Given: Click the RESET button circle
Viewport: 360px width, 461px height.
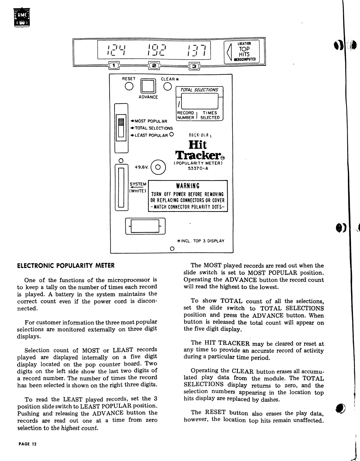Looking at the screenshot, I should click(x=129, y=86).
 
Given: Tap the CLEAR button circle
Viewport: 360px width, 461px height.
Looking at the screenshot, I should click(x=168, y=86).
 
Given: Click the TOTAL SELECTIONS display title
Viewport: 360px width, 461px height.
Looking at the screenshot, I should click(x=199, y=90).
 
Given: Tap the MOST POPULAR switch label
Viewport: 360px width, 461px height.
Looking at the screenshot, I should click(x=149, y=121).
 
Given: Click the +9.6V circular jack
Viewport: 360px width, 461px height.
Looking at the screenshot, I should click(x=158, y=167).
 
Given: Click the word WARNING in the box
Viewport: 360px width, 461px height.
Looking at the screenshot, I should click(x=188, y=186).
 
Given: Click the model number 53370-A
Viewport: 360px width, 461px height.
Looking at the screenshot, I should click(x=198, y=169).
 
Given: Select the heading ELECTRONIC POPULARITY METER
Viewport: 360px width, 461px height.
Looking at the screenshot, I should click(x=66, y=265).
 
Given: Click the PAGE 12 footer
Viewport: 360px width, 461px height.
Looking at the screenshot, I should click(x=27, y=444).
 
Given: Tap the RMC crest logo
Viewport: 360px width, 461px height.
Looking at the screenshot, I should click(x=22, y=18).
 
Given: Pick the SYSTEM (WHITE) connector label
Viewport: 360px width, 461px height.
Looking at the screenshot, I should click(x=138, y=187).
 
